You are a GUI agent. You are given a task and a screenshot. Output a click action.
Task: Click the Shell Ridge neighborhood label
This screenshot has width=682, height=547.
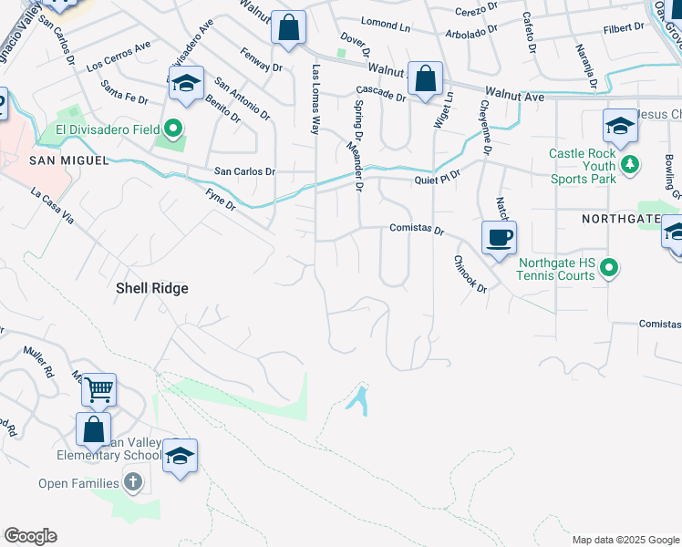151,288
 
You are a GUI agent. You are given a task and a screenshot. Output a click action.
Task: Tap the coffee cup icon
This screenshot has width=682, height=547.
499,239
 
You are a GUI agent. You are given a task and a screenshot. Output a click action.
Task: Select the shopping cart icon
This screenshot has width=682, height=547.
98,391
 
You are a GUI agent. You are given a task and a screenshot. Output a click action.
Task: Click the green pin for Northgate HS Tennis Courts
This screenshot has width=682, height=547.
611,268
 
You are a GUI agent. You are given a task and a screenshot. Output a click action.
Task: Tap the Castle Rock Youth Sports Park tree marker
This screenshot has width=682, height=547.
629,165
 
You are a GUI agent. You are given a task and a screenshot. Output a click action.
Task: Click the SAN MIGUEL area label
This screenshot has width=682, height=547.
69,160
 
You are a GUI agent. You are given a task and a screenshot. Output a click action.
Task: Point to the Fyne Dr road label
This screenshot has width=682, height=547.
221,199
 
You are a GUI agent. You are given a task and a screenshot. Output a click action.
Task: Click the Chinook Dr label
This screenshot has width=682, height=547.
470,273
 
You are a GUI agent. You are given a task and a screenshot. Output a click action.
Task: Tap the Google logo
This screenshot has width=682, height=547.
30,536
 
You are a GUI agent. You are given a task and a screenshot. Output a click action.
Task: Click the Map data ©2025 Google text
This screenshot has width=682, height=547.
625,540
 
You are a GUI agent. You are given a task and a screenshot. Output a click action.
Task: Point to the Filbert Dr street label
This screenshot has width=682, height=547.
624,28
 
